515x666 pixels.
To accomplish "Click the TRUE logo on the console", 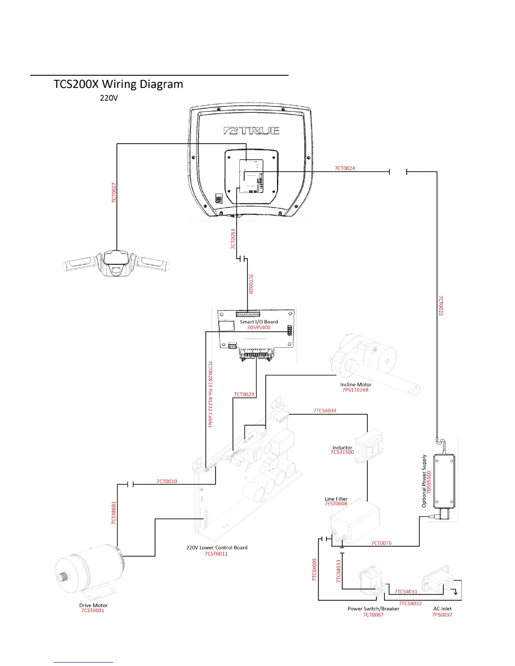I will click(x=252, y=130).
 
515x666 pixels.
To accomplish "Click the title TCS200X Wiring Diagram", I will click(x=118, y=84).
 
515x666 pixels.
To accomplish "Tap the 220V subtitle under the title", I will click(x=109, y=98).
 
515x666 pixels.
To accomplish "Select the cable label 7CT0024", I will click(x=345, y=168).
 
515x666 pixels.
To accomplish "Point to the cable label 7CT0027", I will click(x=114, y=193).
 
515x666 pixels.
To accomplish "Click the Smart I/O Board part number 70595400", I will click(x=258, y=328).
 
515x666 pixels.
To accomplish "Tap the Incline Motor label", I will click(x=356, y=384).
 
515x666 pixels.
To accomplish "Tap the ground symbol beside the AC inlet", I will click(x=455, y=594).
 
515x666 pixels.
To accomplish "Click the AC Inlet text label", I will click(x=442, y=608).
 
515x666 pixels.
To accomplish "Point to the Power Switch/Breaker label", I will click(x=373, y=608).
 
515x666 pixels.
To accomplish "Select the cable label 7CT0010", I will click(x=167, y=481).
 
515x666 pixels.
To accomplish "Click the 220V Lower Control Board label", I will click(x=217, y=547).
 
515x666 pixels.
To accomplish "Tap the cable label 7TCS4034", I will click(x=325, y=410).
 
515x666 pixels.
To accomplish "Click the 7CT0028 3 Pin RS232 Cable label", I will click(x=210, y=394).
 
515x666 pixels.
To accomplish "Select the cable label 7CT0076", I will click(x=381, y=543).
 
